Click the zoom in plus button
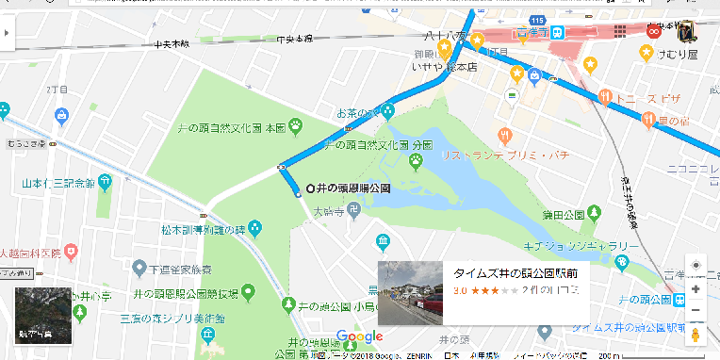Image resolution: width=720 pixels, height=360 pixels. tap(695, 288)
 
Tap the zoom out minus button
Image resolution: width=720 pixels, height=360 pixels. tap(695, 310)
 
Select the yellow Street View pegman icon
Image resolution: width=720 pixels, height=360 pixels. tap(695, 335)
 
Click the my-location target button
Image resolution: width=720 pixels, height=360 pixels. tap(695, 266)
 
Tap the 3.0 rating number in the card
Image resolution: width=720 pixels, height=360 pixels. tap(461, 291)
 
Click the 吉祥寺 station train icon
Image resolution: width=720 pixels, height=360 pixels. tap(558, 30)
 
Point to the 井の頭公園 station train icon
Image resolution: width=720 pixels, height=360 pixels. tap(679, 299)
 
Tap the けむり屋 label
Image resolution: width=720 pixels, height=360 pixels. tap(675, 54)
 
